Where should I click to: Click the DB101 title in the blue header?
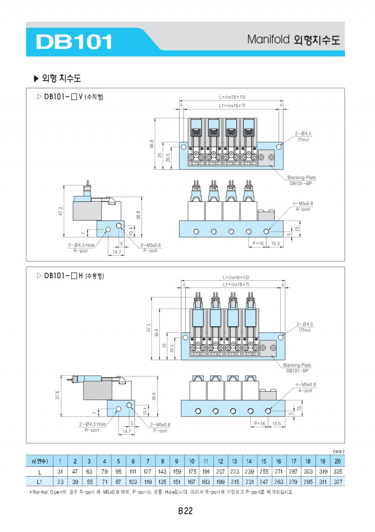75,42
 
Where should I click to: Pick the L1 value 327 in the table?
337,482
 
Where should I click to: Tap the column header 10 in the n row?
192,461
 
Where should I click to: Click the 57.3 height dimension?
149,328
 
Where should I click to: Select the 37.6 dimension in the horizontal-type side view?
58,395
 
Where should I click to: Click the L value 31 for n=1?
60,471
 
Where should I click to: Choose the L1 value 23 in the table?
60,482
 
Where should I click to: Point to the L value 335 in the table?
337,471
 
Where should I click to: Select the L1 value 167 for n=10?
192,482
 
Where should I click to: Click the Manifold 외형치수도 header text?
293,41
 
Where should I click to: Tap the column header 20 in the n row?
337,461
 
